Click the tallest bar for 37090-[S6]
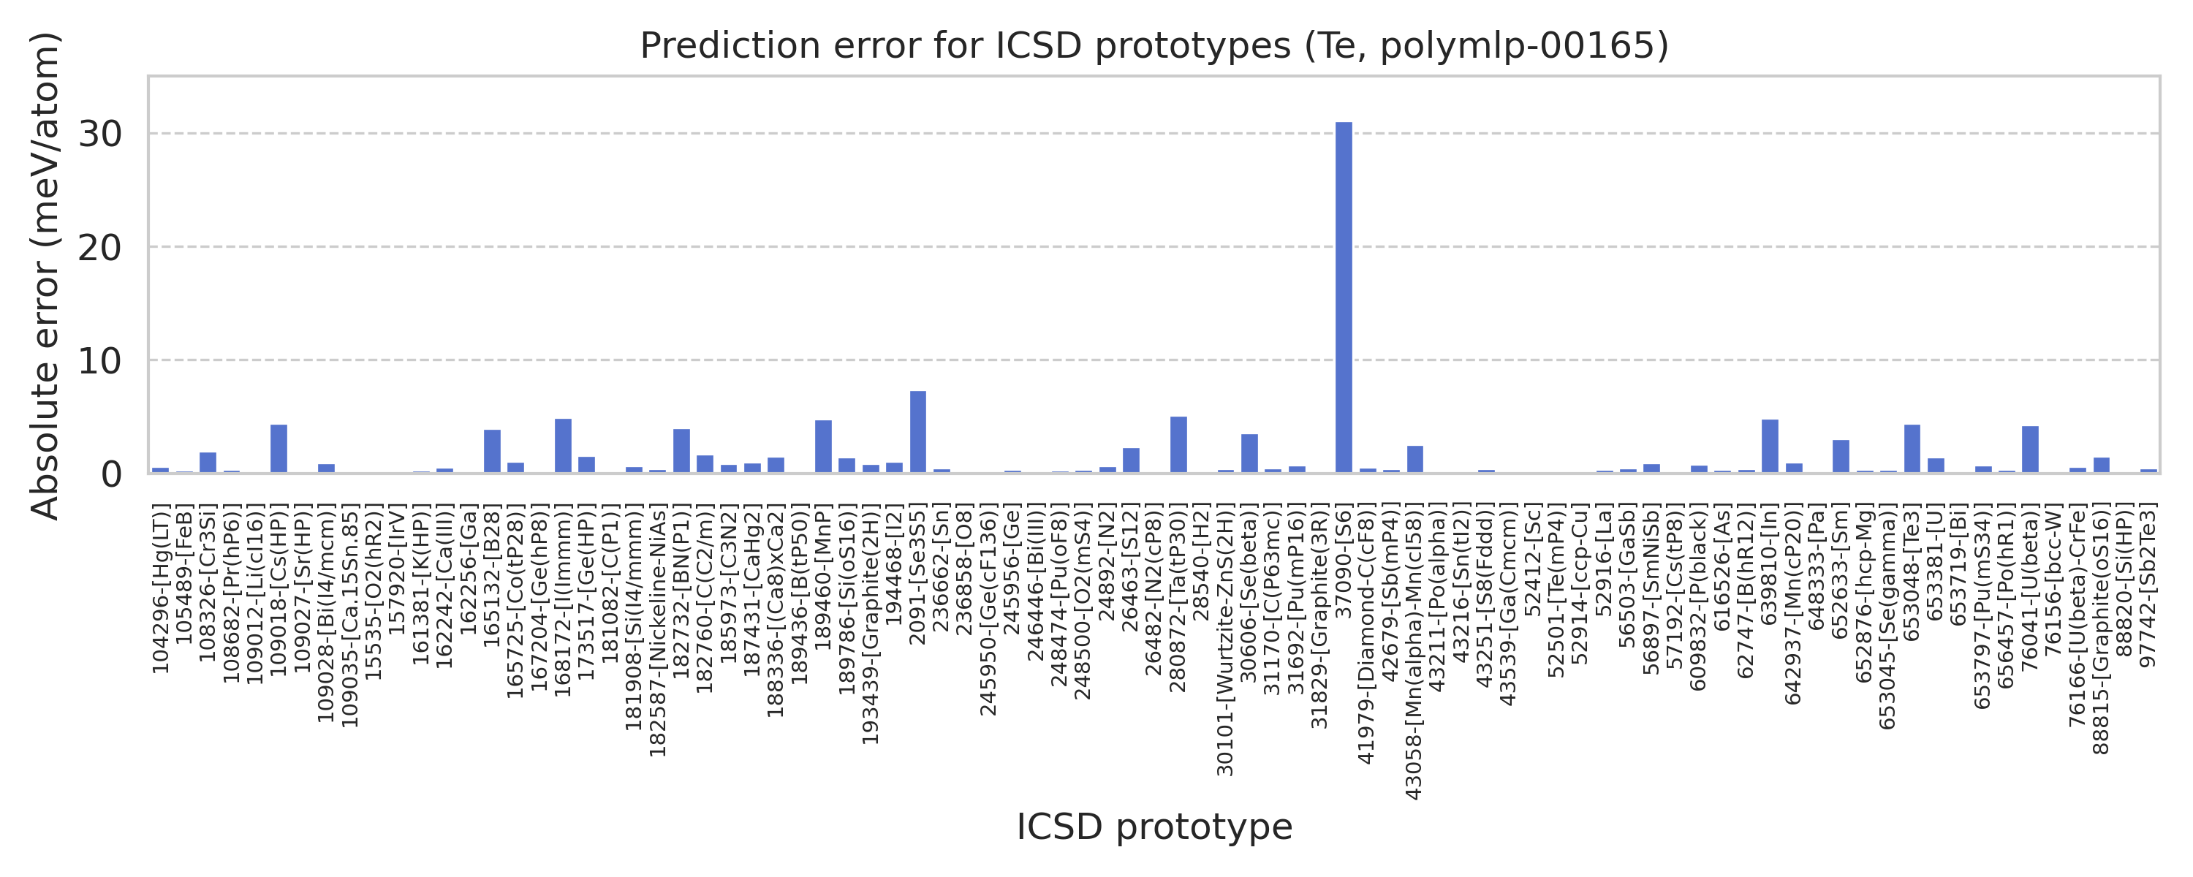(1344, 298)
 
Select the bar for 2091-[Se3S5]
(917, 432)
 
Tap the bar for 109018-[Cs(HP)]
(279, 449)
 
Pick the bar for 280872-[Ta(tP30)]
(1178, 444)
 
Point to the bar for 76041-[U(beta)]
(2029, 449)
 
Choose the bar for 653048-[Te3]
(1912, 449)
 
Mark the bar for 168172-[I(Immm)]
(563, 445)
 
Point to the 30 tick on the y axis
(100, 134)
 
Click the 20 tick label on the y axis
(100, 248)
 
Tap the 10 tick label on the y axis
(100, 361)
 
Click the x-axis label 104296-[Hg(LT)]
(161, 588)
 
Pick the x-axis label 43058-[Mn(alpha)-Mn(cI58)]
(1414, 651)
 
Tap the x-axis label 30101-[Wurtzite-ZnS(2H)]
(1225, 639)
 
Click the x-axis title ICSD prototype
(1154, 827)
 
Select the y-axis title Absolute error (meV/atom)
(45, 275)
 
